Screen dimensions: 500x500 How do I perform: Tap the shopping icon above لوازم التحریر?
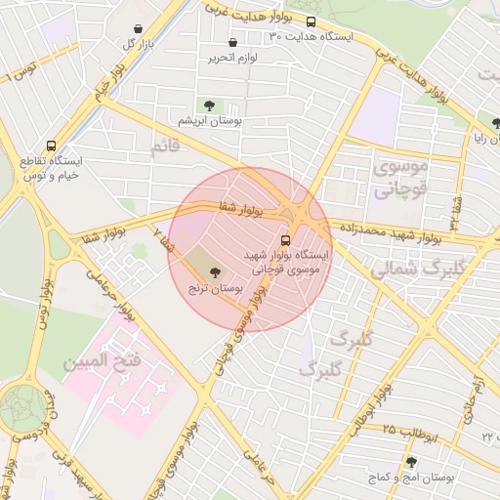(x=232, y=42)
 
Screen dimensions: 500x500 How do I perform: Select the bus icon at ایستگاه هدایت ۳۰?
(x=311, y=21)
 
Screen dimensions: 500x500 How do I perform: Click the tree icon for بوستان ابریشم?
(x=207, y=104)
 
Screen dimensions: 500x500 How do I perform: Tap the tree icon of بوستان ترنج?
(x=215, y=274)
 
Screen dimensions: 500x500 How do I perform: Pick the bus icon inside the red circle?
(x=286, y=239)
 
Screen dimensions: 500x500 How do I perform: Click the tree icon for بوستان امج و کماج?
(x=411, y=462)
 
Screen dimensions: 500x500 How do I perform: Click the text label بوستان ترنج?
(x=212, y=290)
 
